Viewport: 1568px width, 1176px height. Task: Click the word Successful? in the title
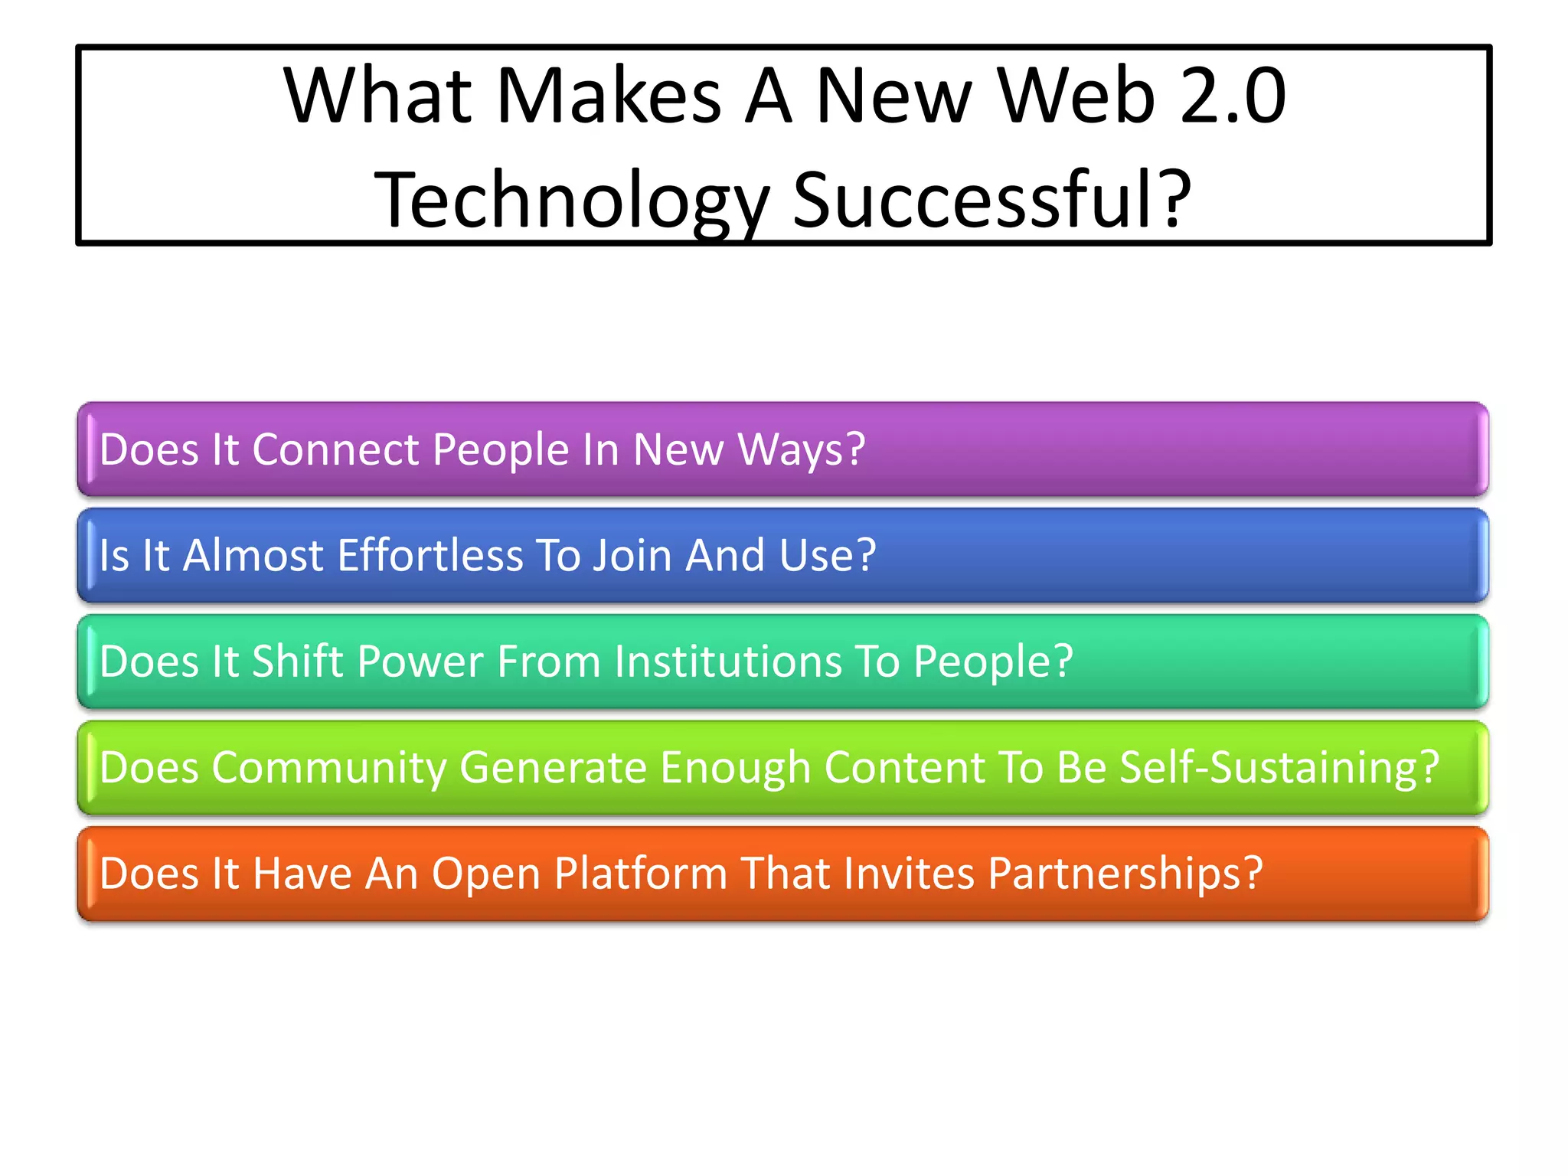[x=991, y=200]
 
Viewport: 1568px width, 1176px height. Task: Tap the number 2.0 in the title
[x=1233, y=96]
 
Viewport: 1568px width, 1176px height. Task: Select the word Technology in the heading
[x=572, y=201]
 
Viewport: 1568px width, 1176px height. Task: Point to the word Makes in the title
[x=609, y=96]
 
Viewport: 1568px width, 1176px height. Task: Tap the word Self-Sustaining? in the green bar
[x=1279, y=767]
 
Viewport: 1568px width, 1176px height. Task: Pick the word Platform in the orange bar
[x=640, y=874]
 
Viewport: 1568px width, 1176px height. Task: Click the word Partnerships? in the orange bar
[x=1125, y=874]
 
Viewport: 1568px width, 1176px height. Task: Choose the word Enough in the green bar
[x=734, y=767]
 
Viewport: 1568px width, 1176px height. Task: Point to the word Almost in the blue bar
[x=253, y=555]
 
